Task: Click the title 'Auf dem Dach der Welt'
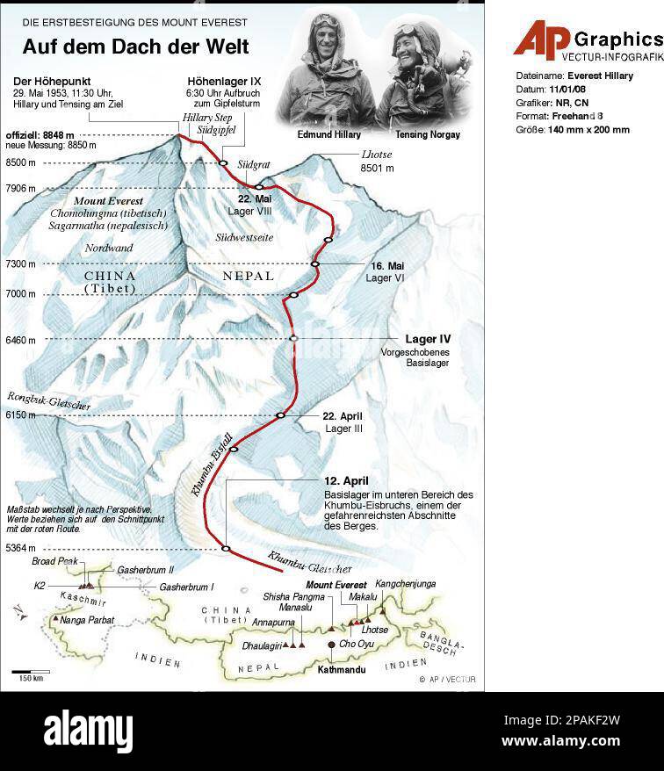tap(135, 47)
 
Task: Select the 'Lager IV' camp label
tap(428, 339)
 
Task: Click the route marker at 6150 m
tap(281, 415)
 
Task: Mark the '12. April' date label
tap(346, 480)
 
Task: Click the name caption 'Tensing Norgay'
tap(427, 135)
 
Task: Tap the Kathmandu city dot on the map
tap(331, 645)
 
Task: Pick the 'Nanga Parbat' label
tap(87, 620)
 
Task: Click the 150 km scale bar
tap(31, 673)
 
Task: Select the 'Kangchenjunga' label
tap(405, 584)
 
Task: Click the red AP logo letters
tap(541, 40)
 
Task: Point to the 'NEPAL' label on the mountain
tap(249, 276)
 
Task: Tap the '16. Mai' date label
tap(386, 265)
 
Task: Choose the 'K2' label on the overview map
tap(40, 586)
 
